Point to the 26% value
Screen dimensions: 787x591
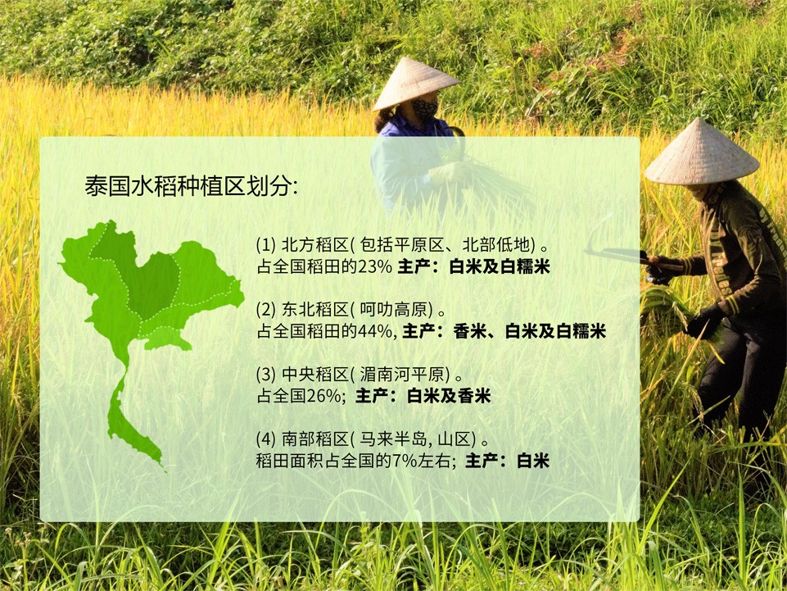click(324, 396)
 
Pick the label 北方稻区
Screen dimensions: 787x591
click(314, 245)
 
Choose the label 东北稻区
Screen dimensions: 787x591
click(314, 310)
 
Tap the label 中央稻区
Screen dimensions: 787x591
click(314, 375)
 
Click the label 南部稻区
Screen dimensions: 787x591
click(314, 439)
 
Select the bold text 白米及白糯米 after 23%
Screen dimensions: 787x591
click(500, 266)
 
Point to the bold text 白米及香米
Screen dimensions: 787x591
click(449, 396)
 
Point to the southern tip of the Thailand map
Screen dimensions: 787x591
click(164, 468)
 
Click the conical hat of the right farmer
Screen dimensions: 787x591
click(701, 152)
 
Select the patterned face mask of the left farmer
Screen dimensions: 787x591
click(424, 108)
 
